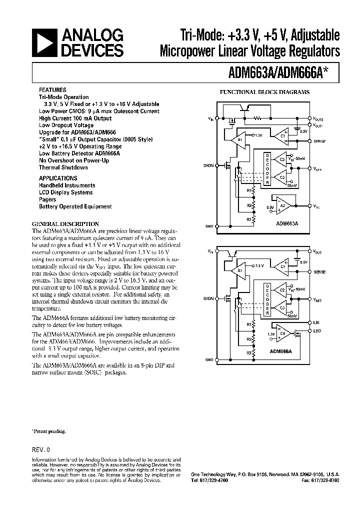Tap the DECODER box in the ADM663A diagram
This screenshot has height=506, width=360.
[x=267, y=169]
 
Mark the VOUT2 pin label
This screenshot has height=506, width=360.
[x=318, y=119]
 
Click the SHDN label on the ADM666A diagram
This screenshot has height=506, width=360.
[x=208, y=298]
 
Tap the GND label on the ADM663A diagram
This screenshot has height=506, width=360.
[x=209, y=226]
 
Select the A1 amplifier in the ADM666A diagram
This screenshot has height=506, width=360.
[x=240, y=270]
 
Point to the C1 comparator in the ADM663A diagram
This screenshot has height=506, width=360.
[x=283, y=135]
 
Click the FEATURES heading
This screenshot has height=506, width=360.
[x=52, y=90]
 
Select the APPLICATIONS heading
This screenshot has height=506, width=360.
[x=58, y=178]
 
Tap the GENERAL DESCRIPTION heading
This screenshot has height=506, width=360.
[x=65, y=224]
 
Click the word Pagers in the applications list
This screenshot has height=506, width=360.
[x=47, y=199]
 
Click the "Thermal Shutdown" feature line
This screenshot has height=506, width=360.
[x=63, y=167]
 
